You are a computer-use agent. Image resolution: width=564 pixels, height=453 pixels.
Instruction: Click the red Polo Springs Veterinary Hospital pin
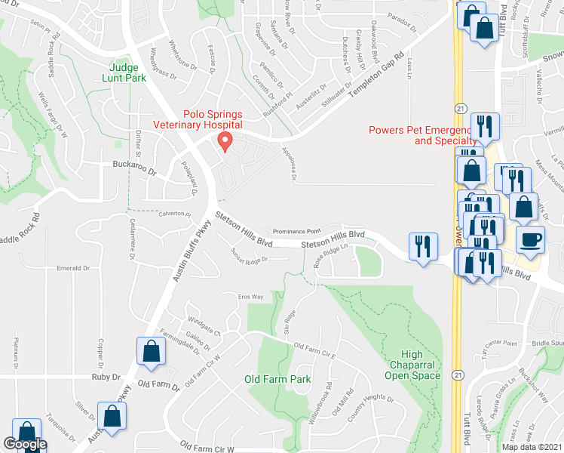[x=224, y=140]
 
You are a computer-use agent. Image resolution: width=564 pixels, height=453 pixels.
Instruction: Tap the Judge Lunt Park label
[x=124, y=72]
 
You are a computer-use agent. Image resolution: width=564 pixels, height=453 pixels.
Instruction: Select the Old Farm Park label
[x=277, y=379]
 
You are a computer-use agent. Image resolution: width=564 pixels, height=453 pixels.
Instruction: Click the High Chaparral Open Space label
[x=411, y=365]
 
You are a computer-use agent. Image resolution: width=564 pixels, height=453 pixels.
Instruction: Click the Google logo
[x=25, y=444]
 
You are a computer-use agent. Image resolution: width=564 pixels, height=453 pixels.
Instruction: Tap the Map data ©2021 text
[x=531, y=447]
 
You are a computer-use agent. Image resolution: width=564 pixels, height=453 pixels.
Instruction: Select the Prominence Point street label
[x=296, y=231]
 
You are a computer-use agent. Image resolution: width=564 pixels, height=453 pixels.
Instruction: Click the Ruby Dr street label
[x=106, y=377]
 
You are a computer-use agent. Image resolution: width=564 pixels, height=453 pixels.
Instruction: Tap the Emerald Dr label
[x=73, y=268]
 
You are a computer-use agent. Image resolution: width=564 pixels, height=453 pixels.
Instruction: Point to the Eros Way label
[x=251, y=297]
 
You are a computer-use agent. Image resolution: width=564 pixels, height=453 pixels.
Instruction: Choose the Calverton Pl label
[x=174, y=214]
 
